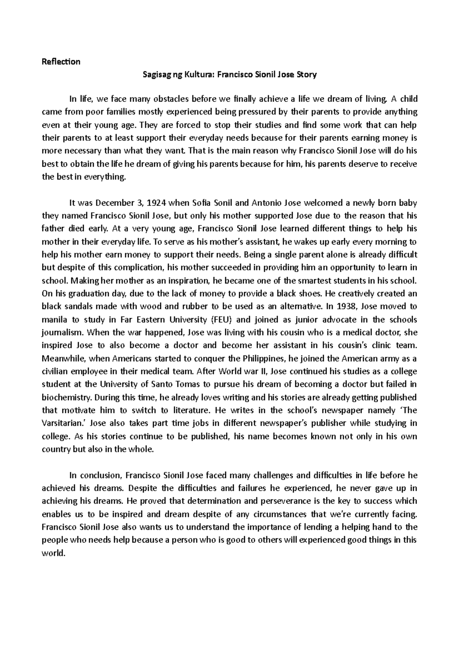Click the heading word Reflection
tap(61, 62)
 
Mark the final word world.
tap(51, 553)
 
